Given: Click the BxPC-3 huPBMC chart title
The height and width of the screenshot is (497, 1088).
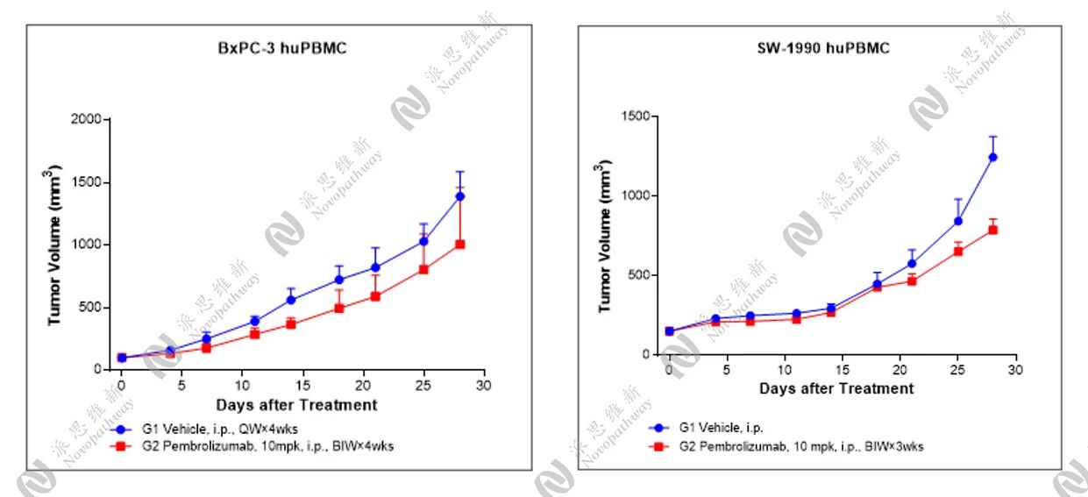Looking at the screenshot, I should [x=282, y=48].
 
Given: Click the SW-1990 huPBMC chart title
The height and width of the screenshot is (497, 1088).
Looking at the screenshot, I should [x=823, y=48].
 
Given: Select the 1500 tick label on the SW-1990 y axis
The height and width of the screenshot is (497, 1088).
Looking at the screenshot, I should [x=636, y=117].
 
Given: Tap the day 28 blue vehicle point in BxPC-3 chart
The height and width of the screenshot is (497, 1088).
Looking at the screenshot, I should [x=459, y=196].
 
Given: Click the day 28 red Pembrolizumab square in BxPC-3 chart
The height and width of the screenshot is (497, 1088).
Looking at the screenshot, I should [x=459, y=245].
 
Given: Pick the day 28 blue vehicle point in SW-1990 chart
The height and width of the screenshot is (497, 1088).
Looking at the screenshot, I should [x=993, y=158].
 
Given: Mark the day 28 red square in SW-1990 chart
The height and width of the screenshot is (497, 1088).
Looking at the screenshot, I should [x=993, y=230].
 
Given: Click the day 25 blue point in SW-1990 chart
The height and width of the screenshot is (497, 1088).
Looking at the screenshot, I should [x=958, y=221].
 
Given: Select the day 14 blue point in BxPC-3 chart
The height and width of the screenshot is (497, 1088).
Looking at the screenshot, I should [x=291, y=300].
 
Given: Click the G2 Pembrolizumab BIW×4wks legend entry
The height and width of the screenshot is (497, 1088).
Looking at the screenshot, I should [x=254, y=446].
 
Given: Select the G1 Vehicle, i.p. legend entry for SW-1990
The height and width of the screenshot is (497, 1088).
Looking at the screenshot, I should [x=720, y=428].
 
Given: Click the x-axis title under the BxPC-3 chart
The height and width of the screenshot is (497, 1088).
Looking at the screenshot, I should [x=296, y=405].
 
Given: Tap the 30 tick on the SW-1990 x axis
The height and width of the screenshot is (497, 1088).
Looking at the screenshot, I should [x=1015, y=371].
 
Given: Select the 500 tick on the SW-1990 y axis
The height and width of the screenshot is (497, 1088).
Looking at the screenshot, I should [x=640, y=275].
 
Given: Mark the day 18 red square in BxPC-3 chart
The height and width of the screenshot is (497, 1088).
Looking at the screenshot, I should [x=339, y=309].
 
